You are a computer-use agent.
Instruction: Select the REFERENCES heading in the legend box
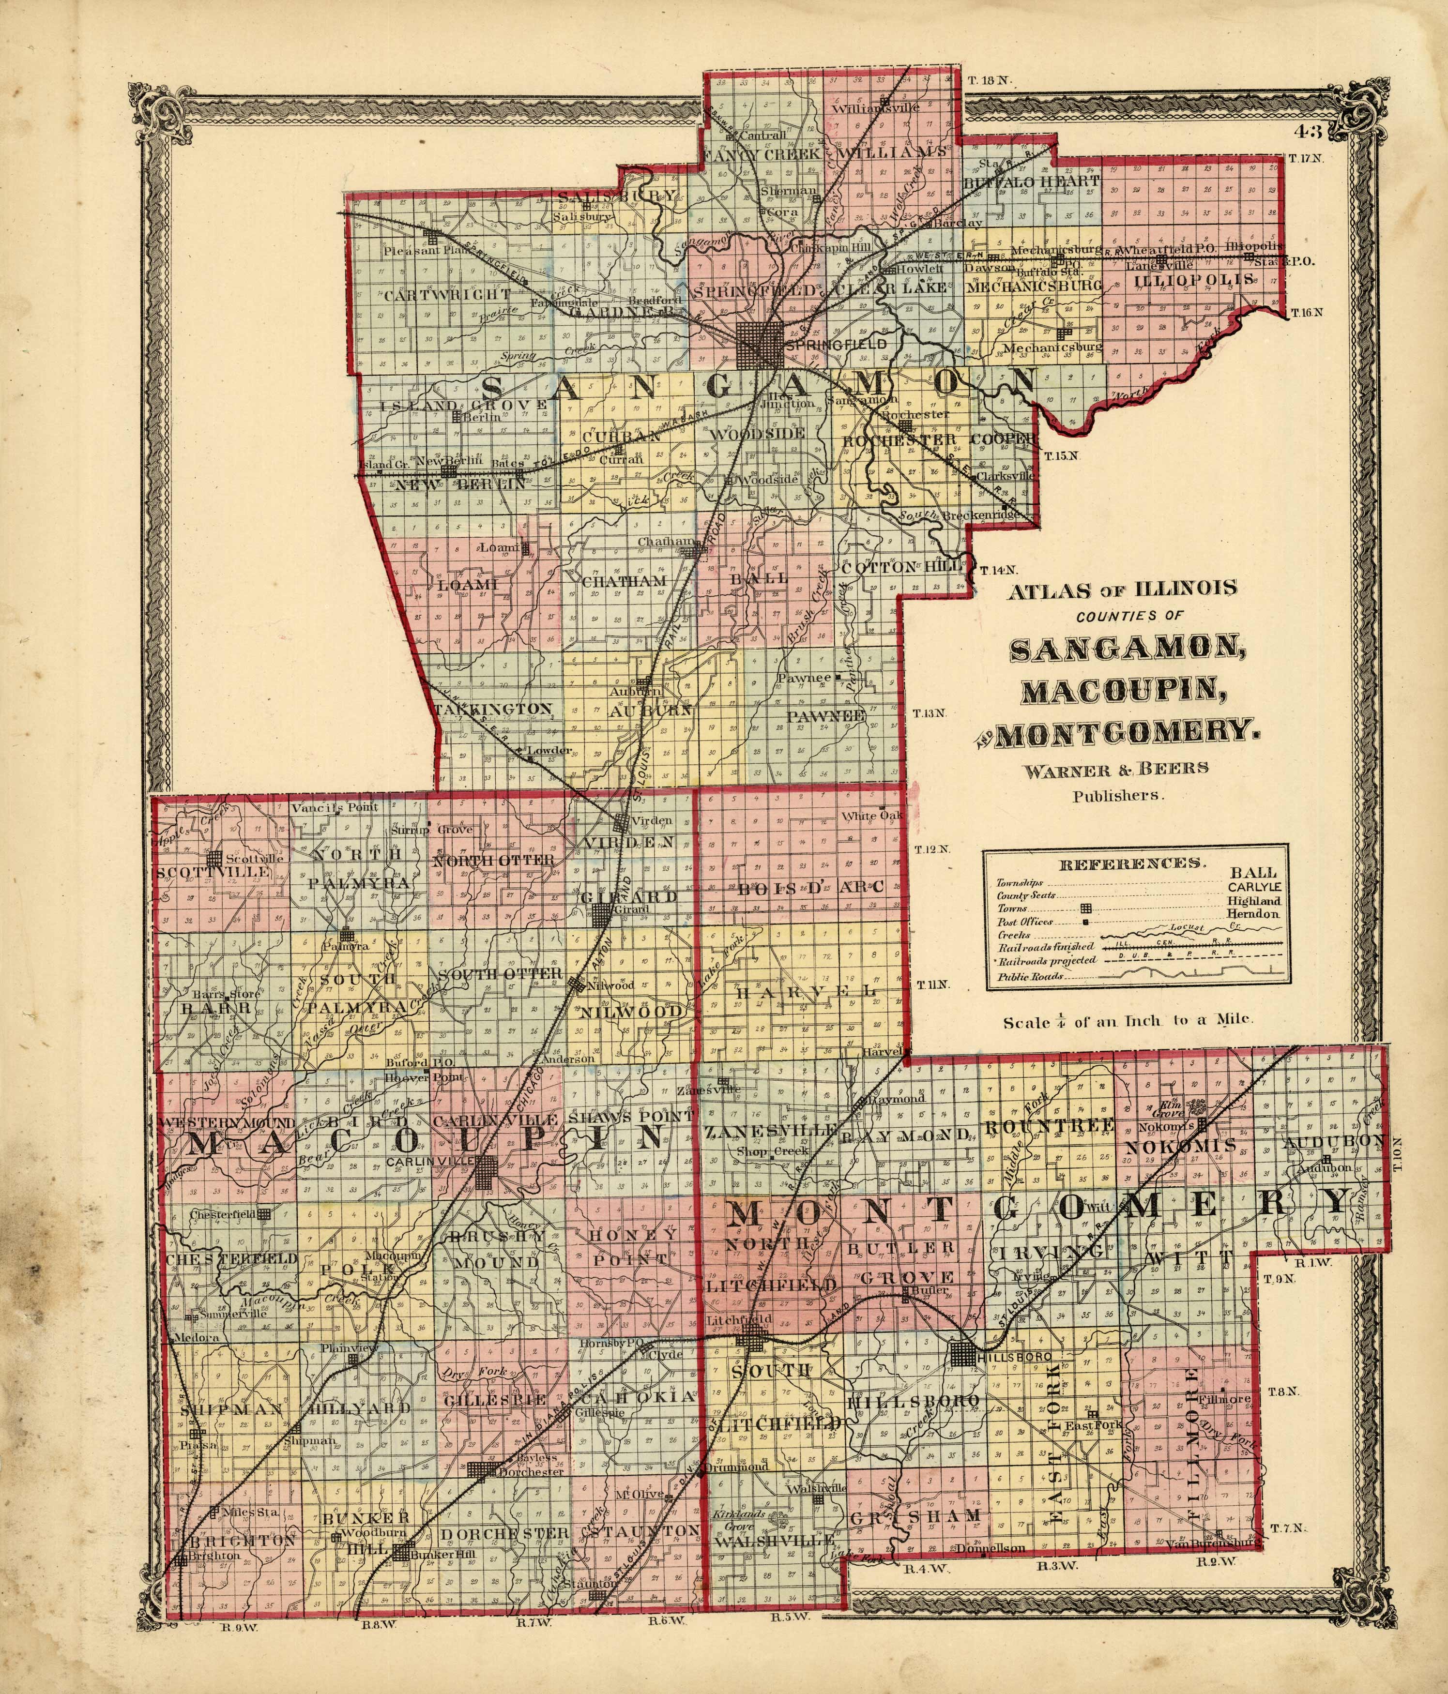[1131, 862]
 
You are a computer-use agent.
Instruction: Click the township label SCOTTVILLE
[212, 872]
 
